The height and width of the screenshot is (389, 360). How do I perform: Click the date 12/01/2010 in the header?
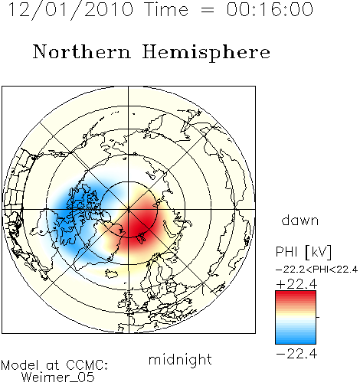pyautogui.click(x=70, y=10)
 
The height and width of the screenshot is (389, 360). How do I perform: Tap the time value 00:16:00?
pyautogui.click(x=270, y=9)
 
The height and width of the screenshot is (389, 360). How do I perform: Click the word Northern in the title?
pyautogui.click(x=82, y=52)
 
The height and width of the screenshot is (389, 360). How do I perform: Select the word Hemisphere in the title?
pyautogui.click(x=206, y=53)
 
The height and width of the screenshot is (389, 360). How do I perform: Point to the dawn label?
pyautogui.click(x=300, y=220)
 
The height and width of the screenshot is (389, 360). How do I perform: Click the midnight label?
pyautogui.click(x=180, y=360)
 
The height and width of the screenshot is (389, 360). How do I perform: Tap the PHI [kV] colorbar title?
pyautogui.click(x=303, y=252)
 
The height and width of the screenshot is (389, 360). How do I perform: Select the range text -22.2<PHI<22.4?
pyautogui.click(x=316, y=270)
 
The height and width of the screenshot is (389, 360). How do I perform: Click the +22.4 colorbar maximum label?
pyautogui.click(x=296, y=284)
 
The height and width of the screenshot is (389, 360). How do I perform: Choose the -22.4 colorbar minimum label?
pyautogui.click(x=296, y=354)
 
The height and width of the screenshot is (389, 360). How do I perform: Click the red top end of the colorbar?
pyautogui.click(x=296, y=293)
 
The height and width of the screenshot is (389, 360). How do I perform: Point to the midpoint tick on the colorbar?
pyautogui.click(x=318, y=317)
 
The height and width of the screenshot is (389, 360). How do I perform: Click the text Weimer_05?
pyautogui.click(x=58, y=377)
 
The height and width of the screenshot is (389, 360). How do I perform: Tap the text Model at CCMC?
pyautogui.click(x=54, y=365)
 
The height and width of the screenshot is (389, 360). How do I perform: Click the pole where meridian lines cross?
pyautogui.click(x=129, y=210)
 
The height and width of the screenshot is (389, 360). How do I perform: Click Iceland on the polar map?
pyautogui.click(x=112, y=273)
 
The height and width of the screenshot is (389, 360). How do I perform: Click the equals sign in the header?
pyautogui.click(x=208, y=10)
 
